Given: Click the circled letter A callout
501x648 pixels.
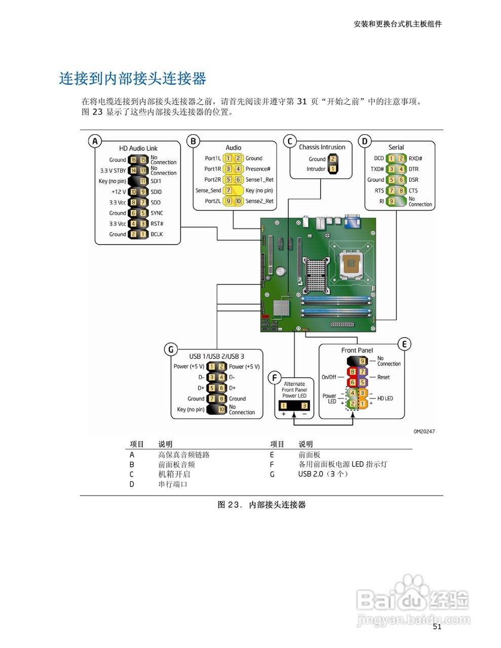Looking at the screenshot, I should click(x=95, y=141).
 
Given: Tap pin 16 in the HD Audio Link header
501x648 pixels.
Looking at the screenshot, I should click(x=133, y=159).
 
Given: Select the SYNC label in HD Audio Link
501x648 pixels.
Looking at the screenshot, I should click(x=157, y=213).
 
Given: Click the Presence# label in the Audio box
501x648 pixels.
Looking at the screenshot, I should click(x=258, y=169).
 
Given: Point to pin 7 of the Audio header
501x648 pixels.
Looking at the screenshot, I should click(x=228, y=190).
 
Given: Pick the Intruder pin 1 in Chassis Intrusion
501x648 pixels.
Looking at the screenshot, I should click(x=333, y=169).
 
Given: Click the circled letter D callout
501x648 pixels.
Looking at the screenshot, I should click(x=365, y=141).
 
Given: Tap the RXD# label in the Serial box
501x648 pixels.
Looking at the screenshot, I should click(x=415, y=158).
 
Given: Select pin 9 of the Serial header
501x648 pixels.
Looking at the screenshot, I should click(x=391, y=201).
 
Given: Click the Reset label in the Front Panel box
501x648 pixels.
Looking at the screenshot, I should click(x=383, y=377).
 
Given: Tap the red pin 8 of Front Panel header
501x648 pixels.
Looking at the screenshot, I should click(x=353, y=372).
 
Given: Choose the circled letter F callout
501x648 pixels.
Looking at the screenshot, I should click(x=274, y=378).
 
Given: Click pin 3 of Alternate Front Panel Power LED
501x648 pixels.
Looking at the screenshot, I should click(x=304, y=406).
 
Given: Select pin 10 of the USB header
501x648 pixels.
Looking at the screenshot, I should click(x=221, y=410).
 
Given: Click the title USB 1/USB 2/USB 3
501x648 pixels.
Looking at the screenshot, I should click(x=216, y=356).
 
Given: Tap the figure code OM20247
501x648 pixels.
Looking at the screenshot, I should click(x=424, y=431).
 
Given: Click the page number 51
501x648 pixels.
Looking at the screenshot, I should click(x=437, y=627).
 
